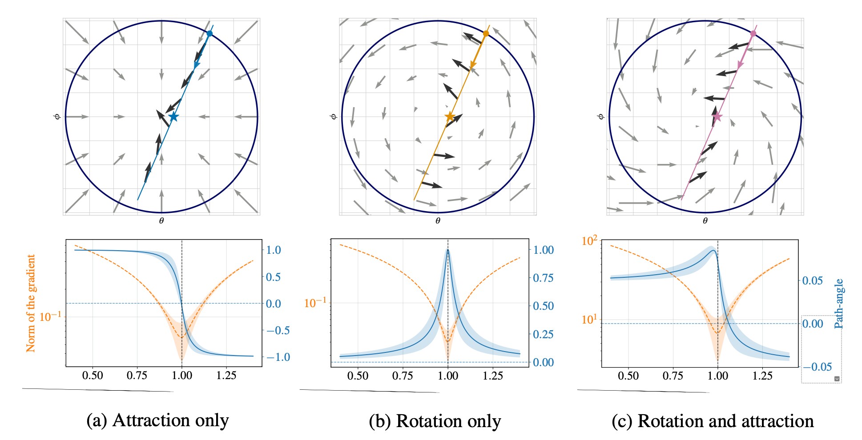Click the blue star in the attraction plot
coord(173,117)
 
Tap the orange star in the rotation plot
coord(450,117)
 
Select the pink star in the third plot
coord(717,117)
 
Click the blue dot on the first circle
coord(209,34)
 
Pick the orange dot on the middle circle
coord(486,34)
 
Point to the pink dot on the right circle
coord(753,34)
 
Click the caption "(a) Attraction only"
coord(157,420)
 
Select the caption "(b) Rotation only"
coord(435,421)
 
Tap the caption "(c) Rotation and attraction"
coord(713,421)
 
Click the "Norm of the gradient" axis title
coord(31,303)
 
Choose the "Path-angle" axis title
coord(838,304)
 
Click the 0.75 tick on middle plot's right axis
coord(543,278)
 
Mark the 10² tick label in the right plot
coord(589,241)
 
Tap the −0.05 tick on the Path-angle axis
coord(817,367)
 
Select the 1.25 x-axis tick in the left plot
coord(226,376)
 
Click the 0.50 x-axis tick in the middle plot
coord(358,376)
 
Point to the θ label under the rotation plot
coord(438,221)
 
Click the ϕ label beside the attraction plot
coord(57,117)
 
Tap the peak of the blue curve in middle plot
coord(447,250)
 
